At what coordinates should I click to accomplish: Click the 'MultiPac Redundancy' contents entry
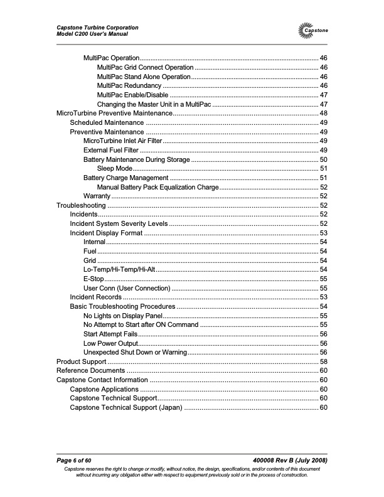(x=129, y=85)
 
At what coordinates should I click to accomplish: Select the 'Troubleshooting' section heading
(x=81, y=205)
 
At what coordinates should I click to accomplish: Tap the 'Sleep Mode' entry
(x=114, y=168)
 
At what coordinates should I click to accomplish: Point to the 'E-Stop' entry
(x=94, y=279)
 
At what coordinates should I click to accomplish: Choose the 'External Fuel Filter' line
(x=111, y=150)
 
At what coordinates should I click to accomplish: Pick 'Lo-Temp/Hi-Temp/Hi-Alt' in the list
(x=119, y=269)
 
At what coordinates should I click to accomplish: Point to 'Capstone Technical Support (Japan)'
(x=125, y=408)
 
